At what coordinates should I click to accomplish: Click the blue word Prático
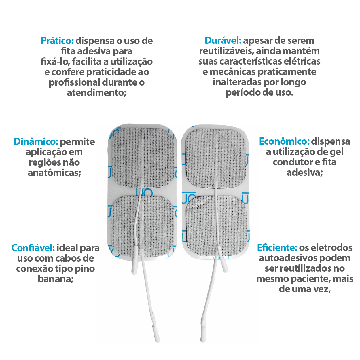57,41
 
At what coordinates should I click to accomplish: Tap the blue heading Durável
223,40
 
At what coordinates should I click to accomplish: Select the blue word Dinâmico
36,142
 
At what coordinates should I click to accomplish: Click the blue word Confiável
33,248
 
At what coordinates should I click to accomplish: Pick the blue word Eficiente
277,247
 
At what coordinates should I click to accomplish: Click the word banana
54,279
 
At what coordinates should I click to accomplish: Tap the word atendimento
95,92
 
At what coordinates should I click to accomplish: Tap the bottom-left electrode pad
143,226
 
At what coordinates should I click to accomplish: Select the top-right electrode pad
215,159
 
